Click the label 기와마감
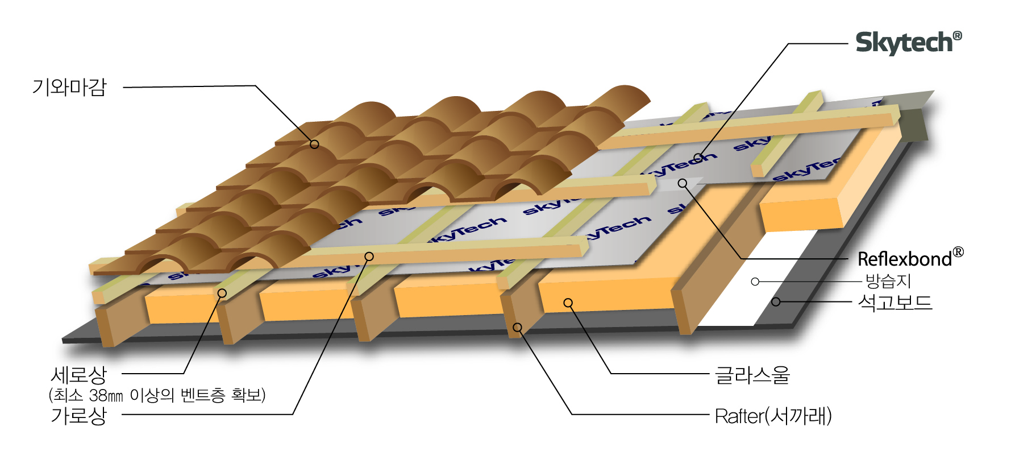click(69, 87)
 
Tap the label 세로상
click(78, 375)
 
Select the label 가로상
click(78, 415)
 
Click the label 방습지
click(888, 281)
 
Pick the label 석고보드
click(895, 302)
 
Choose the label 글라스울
click(752, 375)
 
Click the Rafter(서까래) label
click(773, 416)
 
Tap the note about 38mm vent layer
click(157, 395)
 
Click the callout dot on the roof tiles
click(314, 144)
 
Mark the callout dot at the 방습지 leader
click(755, 282)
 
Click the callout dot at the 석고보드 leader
click(776, 301)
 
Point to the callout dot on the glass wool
click(568, 303)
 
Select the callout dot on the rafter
click(517, 328)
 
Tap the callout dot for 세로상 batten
click(222, 293)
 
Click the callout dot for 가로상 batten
click(369, 257)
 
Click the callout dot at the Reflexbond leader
click(683, 183)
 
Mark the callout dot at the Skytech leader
click(698, 158)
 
